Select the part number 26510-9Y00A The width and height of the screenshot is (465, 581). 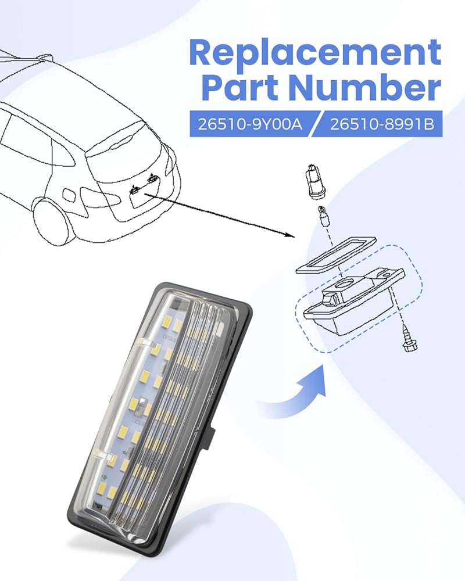[x=250, y=124]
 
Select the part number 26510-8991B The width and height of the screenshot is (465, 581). [x=382, y=124]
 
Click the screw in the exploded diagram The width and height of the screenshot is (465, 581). [x=409, y=338]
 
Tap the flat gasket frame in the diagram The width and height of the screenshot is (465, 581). [x=335, y=256]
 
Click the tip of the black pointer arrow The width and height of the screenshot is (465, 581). [x=294, y=236]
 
